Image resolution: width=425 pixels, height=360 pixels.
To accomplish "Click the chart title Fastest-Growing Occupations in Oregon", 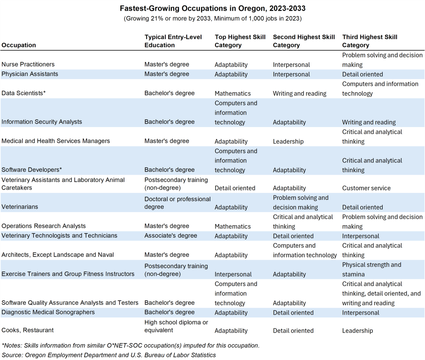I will tap(212, 9).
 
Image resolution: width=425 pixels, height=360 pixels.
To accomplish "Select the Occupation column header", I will tap(19, 45).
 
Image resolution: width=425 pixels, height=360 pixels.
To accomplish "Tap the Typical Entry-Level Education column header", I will tap(173, 41).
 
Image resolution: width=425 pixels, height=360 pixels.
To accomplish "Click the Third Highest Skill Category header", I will tap(370, 41).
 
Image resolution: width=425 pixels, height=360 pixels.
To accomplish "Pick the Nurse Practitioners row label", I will tap(28, 65).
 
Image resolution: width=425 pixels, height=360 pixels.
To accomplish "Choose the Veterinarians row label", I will tap(20, 207).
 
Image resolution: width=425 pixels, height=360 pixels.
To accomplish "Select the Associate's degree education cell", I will tap(171, 236).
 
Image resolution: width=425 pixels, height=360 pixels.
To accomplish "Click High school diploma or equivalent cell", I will tap(176, 326).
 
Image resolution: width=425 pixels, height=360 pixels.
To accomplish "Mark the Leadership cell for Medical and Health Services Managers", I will tap(288, 141).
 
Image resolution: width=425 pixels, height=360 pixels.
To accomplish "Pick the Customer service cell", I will tap(366, 188).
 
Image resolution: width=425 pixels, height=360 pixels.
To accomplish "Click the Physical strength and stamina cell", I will tap(371, 269).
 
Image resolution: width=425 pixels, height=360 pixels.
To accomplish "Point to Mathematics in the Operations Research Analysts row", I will tap(232, 226).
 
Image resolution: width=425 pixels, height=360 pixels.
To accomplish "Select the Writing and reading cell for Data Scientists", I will tap(300, 93).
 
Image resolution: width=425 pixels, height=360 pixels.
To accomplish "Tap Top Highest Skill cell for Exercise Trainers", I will tap(233, 274).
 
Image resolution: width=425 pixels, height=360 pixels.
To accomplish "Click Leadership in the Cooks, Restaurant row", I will tap(357, 330).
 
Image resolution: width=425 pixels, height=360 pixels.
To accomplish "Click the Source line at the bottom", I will tap(109, 355).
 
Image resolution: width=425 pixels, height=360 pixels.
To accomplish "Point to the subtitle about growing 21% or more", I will tap(212, 19).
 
